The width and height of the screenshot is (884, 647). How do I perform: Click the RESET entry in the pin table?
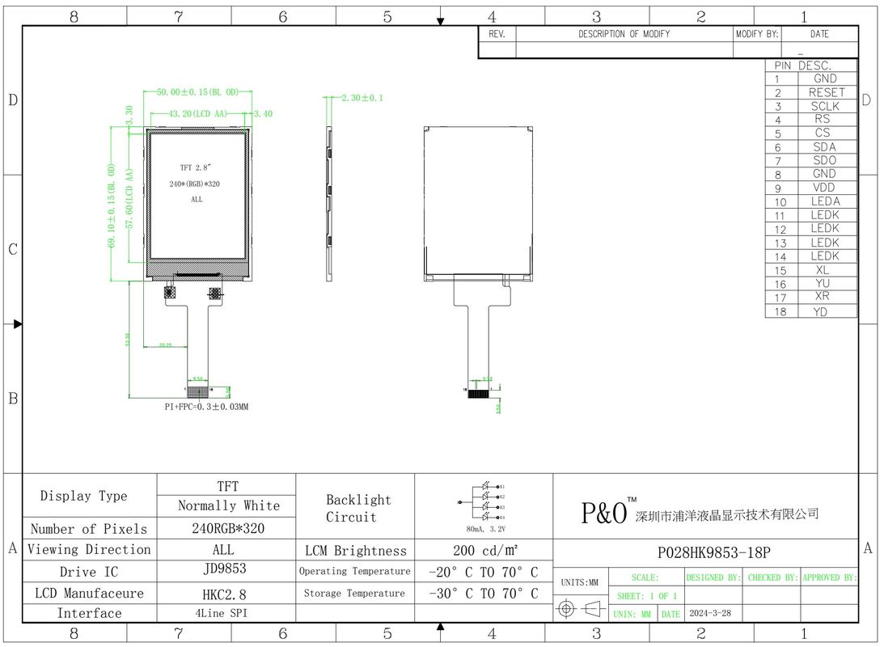[x=826, y=92]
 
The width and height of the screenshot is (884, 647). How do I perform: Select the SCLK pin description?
[x=825, y=106]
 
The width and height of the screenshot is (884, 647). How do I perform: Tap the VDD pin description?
[x=825, y=188]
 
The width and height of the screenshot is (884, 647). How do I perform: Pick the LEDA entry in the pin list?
[x=825, y=201]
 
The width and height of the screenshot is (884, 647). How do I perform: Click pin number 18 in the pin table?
[x=780, y=311]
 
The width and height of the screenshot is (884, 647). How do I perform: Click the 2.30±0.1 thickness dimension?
[x=362, y=98]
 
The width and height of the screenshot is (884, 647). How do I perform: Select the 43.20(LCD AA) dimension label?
[x=198, y=114]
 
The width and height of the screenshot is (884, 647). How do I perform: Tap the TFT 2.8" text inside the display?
[x=196, y=167]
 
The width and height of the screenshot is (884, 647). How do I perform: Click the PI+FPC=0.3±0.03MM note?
[x=206, y=407]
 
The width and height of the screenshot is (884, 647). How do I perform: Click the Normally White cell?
[x=228, y=505]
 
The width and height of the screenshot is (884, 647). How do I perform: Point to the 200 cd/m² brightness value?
[x=484, y=551]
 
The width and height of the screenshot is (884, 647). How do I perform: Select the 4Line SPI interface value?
[x=226, y=613]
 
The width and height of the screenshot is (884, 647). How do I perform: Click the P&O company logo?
[x=605, y=512]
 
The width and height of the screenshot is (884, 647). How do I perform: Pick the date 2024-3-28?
[x=710, y=614]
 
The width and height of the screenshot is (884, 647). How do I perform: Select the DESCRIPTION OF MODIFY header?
[x=624, y=35]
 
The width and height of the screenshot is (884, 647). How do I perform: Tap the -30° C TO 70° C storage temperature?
[x=484, y=594]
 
